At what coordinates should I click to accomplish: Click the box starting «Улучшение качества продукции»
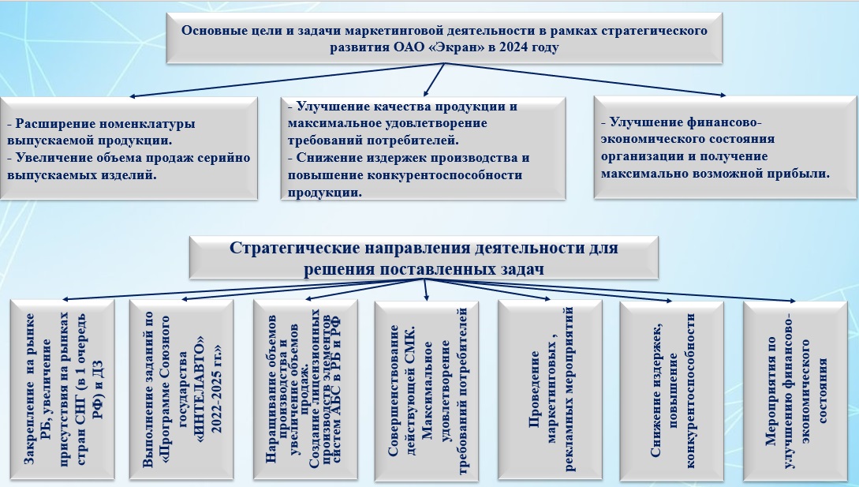coord(423,149)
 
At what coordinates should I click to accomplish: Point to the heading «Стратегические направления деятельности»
coord(424,257)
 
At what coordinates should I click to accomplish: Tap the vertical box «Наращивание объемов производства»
coord(303,391)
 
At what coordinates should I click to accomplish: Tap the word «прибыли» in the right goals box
coord(797,173)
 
